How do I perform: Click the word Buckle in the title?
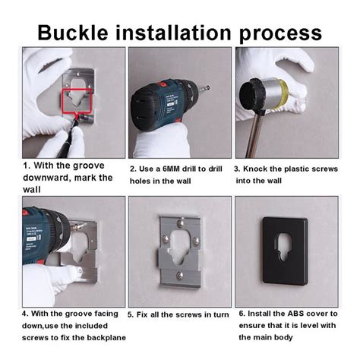click(73, 33)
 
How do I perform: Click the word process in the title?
click(280, 34)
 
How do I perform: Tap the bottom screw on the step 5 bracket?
click(180, 275)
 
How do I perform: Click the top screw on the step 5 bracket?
click(180, 223)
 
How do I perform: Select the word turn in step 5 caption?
click(221, 314)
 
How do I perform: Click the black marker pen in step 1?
click(68, 137)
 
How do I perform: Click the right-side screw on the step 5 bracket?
click(196, 240)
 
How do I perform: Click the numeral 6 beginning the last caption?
click(242, 314)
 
